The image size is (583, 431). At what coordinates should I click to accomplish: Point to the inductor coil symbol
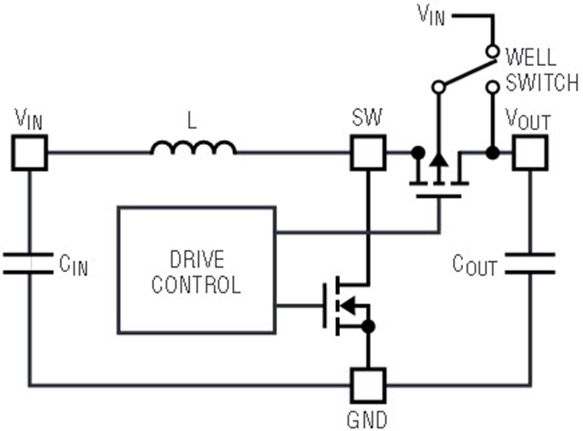click(193, 147)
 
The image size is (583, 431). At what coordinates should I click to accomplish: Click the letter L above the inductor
click(192, 121)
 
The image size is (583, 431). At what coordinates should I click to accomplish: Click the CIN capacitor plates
click(29, 263)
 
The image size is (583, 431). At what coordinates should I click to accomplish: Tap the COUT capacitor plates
click(530, 263)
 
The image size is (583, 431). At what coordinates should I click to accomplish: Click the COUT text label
click(475, 265)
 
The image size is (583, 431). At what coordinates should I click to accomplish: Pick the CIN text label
click(74, 265)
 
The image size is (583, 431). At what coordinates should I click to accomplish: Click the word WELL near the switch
click(531, 57)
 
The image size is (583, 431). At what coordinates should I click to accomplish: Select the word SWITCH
click(542, 82)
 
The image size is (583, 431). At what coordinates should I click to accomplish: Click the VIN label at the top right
click(431, 15)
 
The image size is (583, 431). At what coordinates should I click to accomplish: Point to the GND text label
click(367, 420)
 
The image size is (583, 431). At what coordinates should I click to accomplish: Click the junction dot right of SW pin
click(418, 152)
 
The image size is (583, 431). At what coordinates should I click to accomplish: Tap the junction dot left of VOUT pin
click(493, 152)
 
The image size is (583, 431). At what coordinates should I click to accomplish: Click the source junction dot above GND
click(369, 327)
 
